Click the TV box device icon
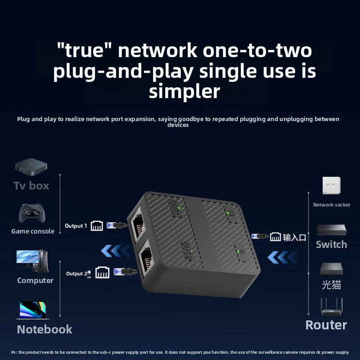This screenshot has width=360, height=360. (31, 166)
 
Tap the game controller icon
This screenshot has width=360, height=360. (32, 213)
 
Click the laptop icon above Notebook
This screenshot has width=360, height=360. (32, 310)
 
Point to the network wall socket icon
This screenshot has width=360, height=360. (331, 186)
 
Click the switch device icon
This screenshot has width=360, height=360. (331, 230)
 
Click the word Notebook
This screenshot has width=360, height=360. (45, 329)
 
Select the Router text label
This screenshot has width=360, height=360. (326, 325)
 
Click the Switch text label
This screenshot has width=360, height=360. (331, 244)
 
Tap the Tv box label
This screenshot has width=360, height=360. (31, 185)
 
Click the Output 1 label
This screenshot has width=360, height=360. (76, 226)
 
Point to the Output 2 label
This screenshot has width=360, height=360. (75, 274)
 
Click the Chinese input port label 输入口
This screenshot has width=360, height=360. (294, 237)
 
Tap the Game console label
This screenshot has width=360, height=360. (33, 231)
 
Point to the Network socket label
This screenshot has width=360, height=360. (332, 205)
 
